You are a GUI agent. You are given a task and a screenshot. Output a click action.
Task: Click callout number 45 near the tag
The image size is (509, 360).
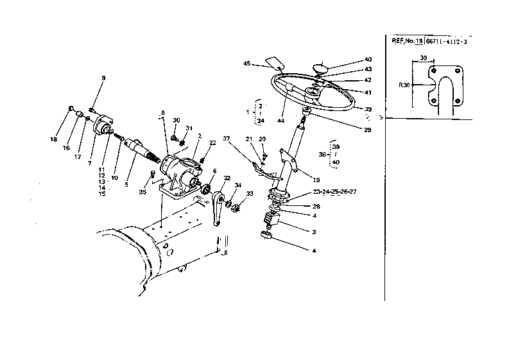click(246, 63)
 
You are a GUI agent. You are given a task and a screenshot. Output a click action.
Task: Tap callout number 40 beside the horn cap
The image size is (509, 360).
click(368, 59)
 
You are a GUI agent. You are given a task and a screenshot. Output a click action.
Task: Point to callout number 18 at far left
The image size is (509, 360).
click(54, 139)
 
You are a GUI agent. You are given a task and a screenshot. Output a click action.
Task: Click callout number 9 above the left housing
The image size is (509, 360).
click(101, 78)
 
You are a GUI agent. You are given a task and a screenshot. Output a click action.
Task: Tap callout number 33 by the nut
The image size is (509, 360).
click(250, 194)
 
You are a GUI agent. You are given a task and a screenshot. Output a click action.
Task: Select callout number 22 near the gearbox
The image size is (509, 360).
click(212, 144)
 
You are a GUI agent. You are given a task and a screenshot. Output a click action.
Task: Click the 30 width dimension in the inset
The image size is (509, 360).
click(423, 58)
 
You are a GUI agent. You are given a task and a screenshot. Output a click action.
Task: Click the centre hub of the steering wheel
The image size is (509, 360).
click(313, 94)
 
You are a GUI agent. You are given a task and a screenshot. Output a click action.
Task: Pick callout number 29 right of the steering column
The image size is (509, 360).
click(367, 130)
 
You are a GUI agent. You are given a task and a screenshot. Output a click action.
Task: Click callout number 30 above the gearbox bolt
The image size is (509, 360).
click(177, 120)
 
